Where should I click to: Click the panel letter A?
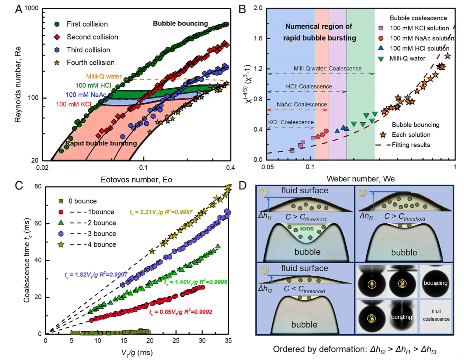[x=19, y=10]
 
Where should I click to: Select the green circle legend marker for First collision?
[x=57, y=24]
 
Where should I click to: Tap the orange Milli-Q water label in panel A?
[x=104, y=76]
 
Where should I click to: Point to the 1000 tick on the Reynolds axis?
[x=32, y=8]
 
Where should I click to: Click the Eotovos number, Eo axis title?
[x=136, y=179]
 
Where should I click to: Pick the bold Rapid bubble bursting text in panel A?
[x=101, y=143]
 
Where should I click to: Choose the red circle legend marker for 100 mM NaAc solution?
[x=381, y=38]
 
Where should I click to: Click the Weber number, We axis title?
[x=361, y=179]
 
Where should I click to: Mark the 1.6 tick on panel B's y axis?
[x=258, y=38]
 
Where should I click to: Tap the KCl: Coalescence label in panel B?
[x=291, y=122]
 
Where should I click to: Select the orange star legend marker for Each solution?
[x=383, y=135]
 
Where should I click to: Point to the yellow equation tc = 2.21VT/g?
[x=161, y=212]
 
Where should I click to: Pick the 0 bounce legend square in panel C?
[x=61, y=201]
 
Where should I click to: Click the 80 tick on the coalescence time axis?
[x=38, y=187]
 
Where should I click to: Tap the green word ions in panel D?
[x=307, y=228]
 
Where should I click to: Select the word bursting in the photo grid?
[x=401, y=317]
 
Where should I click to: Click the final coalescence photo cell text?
[x=436, y=315]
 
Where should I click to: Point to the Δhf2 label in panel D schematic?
[x=366, y=216]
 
